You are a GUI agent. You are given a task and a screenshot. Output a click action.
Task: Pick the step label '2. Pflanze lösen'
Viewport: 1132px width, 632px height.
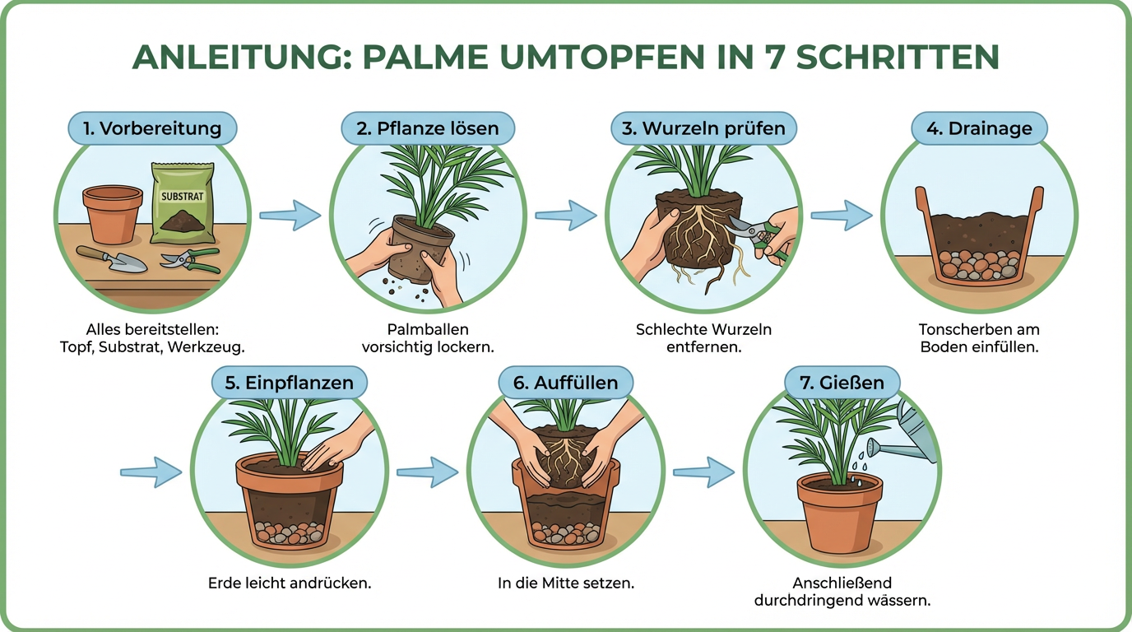click(x=428, y=128)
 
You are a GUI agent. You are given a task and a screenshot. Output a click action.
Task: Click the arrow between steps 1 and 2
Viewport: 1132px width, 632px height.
click(x=290, y=216)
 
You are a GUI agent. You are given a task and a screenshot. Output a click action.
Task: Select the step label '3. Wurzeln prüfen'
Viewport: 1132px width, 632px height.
click(x=704, y=128)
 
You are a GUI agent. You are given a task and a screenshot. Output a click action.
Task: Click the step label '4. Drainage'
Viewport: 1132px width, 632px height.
click(x=979, y=128)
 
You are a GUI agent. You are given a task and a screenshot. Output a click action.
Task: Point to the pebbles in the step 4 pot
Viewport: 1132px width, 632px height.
click(x=979, y=263)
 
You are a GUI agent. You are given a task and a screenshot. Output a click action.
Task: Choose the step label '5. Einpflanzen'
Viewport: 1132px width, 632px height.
click(x=289, y=383)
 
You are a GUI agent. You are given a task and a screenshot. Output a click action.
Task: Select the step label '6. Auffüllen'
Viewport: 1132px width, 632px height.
click(x=565, y=383)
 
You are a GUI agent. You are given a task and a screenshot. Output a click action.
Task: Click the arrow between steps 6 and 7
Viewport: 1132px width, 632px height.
click(x=703, y=472)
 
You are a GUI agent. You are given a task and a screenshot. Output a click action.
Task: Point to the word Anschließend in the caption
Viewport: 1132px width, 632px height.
click(x=842, y=583)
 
